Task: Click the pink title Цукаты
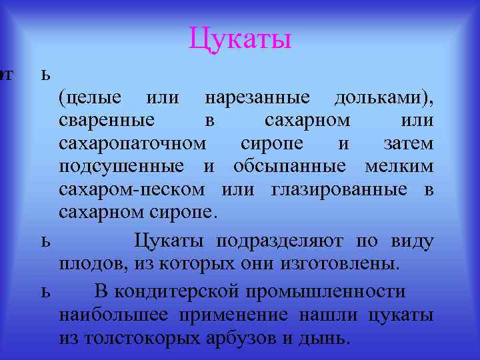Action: pos(240,38)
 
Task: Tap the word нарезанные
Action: pos(257,97)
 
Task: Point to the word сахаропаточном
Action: pos(133,143)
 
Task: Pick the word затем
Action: pos(409,143)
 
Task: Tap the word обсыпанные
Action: pos(289,166)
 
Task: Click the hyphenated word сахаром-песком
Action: pos(132,189)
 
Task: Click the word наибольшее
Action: pos(111,315)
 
